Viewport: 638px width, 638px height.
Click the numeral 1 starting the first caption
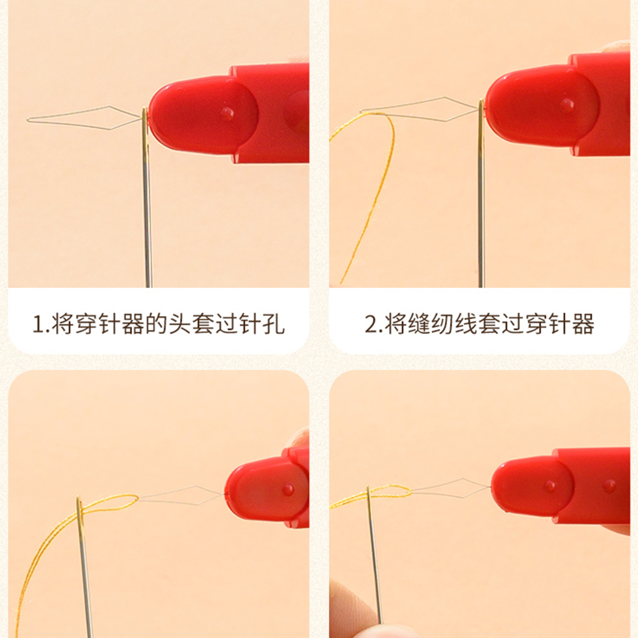click(37, 324)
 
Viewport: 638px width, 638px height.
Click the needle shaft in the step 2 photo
click(481, 209)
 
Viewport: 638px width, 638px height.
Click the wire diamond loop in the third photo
click(182, 496)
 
